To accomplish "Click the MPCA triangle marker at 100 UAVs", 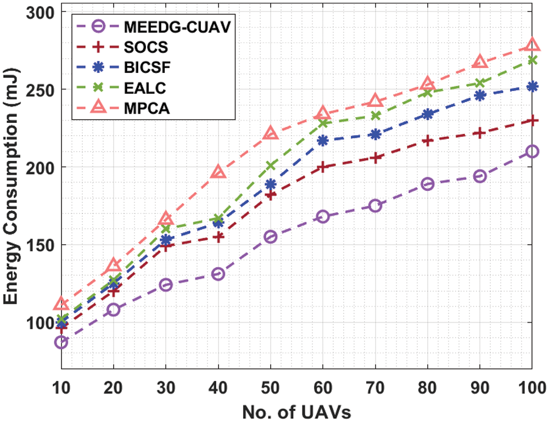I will (532, 45).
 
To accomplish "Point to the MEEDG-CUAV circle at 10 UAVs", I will (61, 342).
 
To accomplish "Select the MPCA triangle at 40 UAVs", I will (219, 172).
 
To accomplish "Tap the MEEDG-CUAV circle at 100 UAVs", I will (532, 151).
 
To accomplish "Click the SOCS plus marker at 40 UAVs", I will (219, 237).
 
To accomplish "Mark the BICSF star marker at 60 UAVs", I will (323, 140).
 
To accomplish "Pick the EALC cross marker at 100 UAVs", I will (532, 60).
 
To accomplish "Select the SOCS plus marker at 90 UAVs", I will (480, 133).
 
